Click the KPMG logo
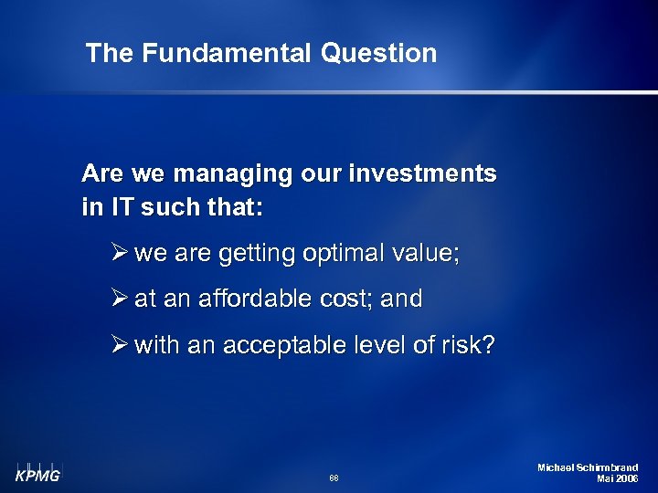(36, 473)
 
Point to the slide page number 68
(334, 477)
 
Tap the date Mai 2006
(617, 479)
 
